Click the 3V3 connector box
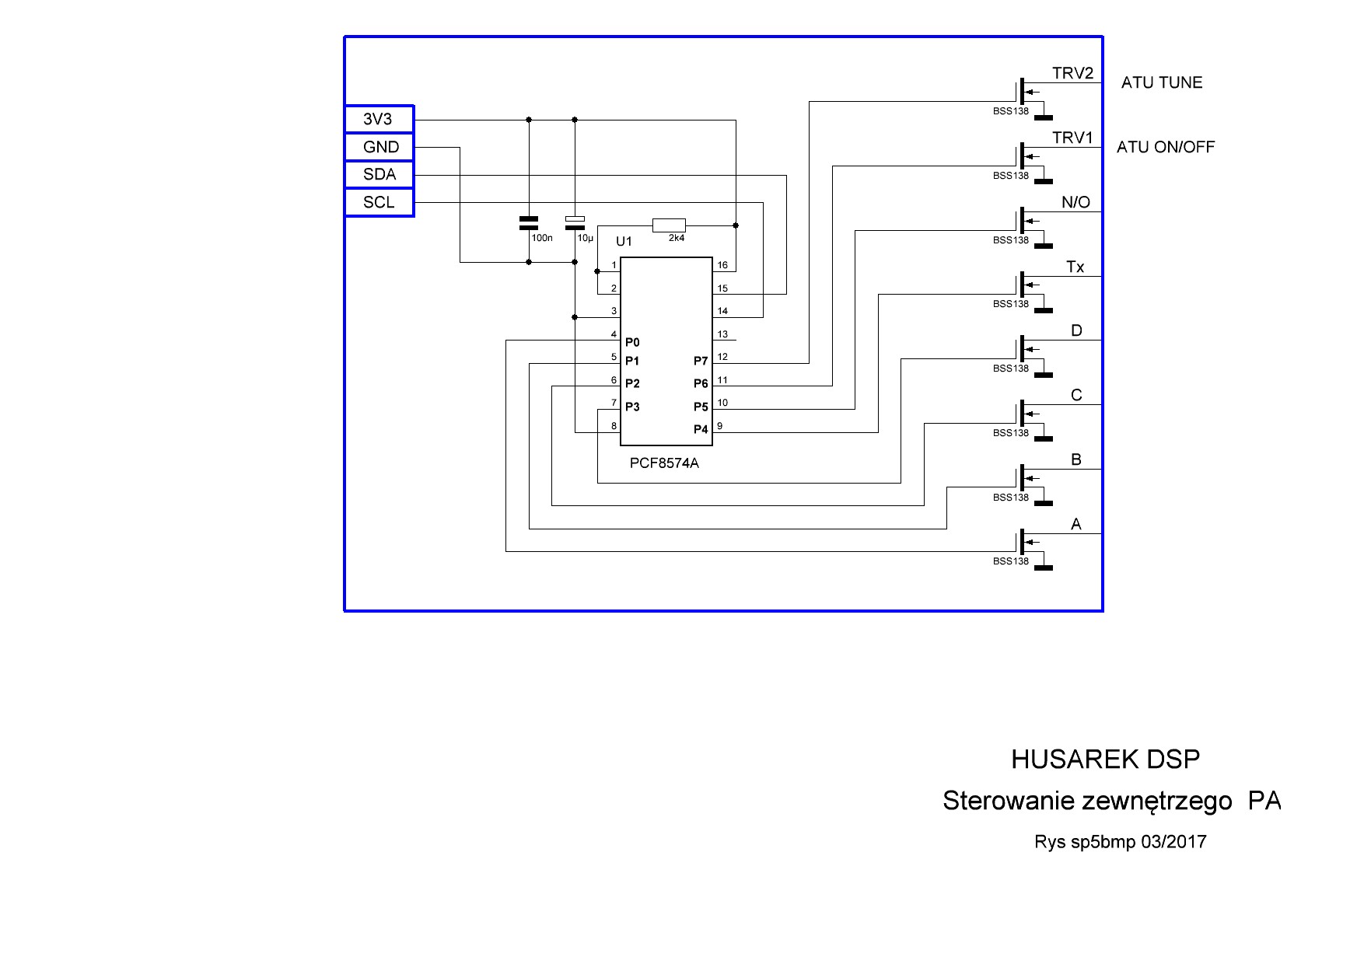379,120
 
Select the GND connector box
379,147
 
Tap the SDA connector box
379,175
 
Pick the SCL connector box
379,203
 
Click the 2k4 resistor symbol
669,225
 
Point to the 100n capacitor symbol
529,223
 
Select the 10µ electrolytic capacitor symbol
575,222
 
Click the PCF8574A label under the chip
664,463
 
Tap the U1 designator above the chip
624,242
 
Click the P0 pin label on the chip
632,342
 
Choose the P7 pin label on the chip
701,361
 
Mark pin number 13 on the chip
722,334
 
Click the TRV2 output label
1072,74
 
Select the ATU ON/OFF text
1165,147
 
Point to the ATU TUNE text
1161,82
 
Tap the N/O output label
1075,203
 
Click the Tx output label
1075,267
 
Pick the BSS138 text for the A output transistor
1010,561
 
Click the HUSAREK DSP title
1105,760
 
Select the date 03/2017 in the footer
1173,842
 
